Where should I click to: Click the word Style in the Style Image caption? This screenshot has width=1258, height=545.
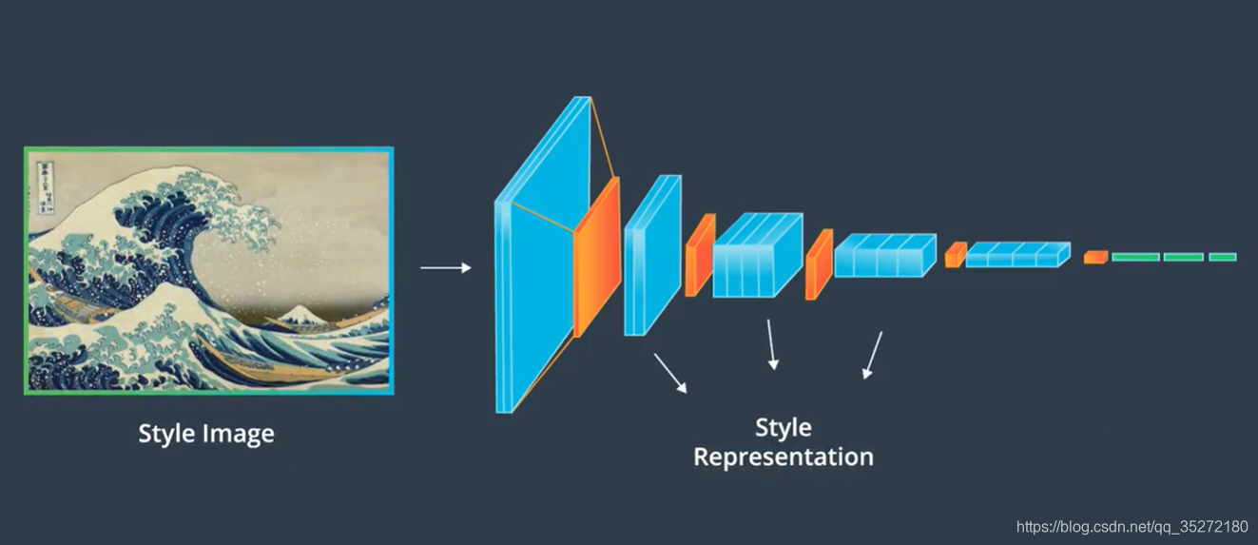coord(168,434)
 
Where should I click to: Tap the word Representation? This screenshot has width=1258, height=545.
coord(783,457)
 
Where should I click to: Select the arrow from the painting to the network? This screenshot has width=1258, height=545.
coord(446,268)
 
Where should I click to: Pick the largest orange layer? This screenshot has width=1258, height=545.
coord(597,257)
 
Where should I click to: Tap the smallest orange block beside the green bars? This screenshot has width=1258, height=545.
coord(1095,257)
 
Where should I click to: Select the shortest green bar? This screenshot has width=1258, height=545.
coord(1223,257)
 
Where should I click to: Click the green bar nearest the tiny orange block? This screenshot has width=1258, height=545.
coord(1135,257)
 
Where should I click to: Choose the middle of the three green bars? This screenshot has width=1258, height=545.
coord(1183,257)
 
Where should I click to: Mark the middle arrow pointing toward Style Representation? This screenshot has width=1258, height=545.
coord(772,344)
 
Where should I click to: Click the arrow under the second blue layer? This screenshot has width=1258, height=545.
coord(669,373)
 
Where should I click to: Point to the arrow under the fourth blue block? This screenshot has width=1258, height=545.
coord(872,355)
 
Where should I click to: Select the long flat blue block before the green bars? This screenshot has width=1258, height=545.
coord(1017,255)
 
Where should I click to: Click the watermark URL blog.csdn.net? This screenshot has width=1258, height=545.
coord(1132,526)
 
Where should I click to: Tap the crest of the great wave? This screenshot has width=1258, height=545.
coord(162,190)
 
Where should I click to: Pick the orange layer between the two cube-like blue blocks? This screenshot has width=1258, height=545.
coord(819,263)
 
